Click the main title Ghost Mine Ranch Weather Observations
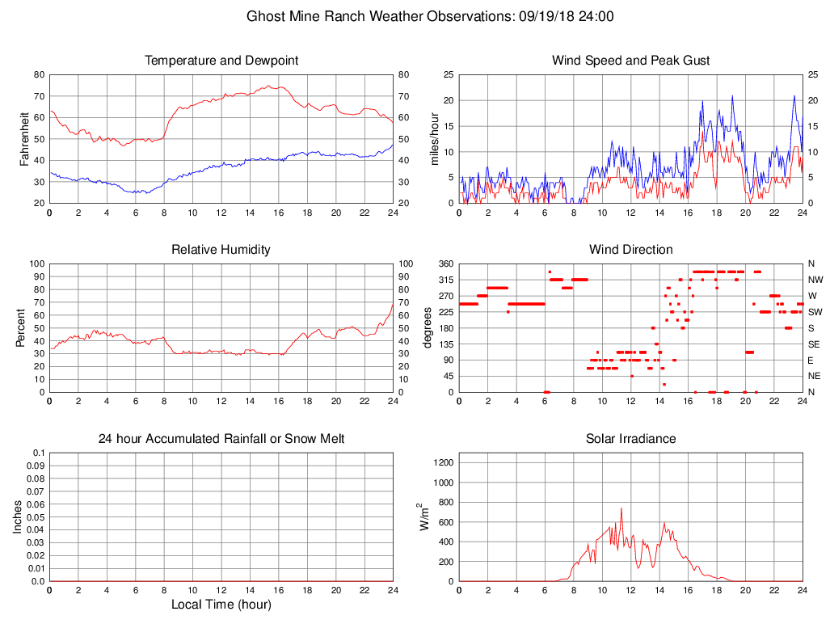(x=430, y=16)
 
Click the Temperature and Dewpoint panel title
(x=221, y=61)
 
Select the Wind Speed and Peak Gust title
(x=630, y=61)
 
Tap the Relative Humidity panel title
(x=221, y=250)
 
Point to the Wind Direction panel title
(x=630, y=250)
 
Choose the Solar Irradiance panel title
(x=630, y=439)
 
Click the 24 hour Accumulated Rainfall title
(x=221, y=439)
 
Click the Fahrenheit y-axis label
(x=24, y=139)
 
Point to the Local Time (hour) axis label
(x=221, y=605)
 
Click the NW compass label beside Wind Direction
(x=814, y=280)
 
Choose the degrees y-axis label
(x=428, y=328)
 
